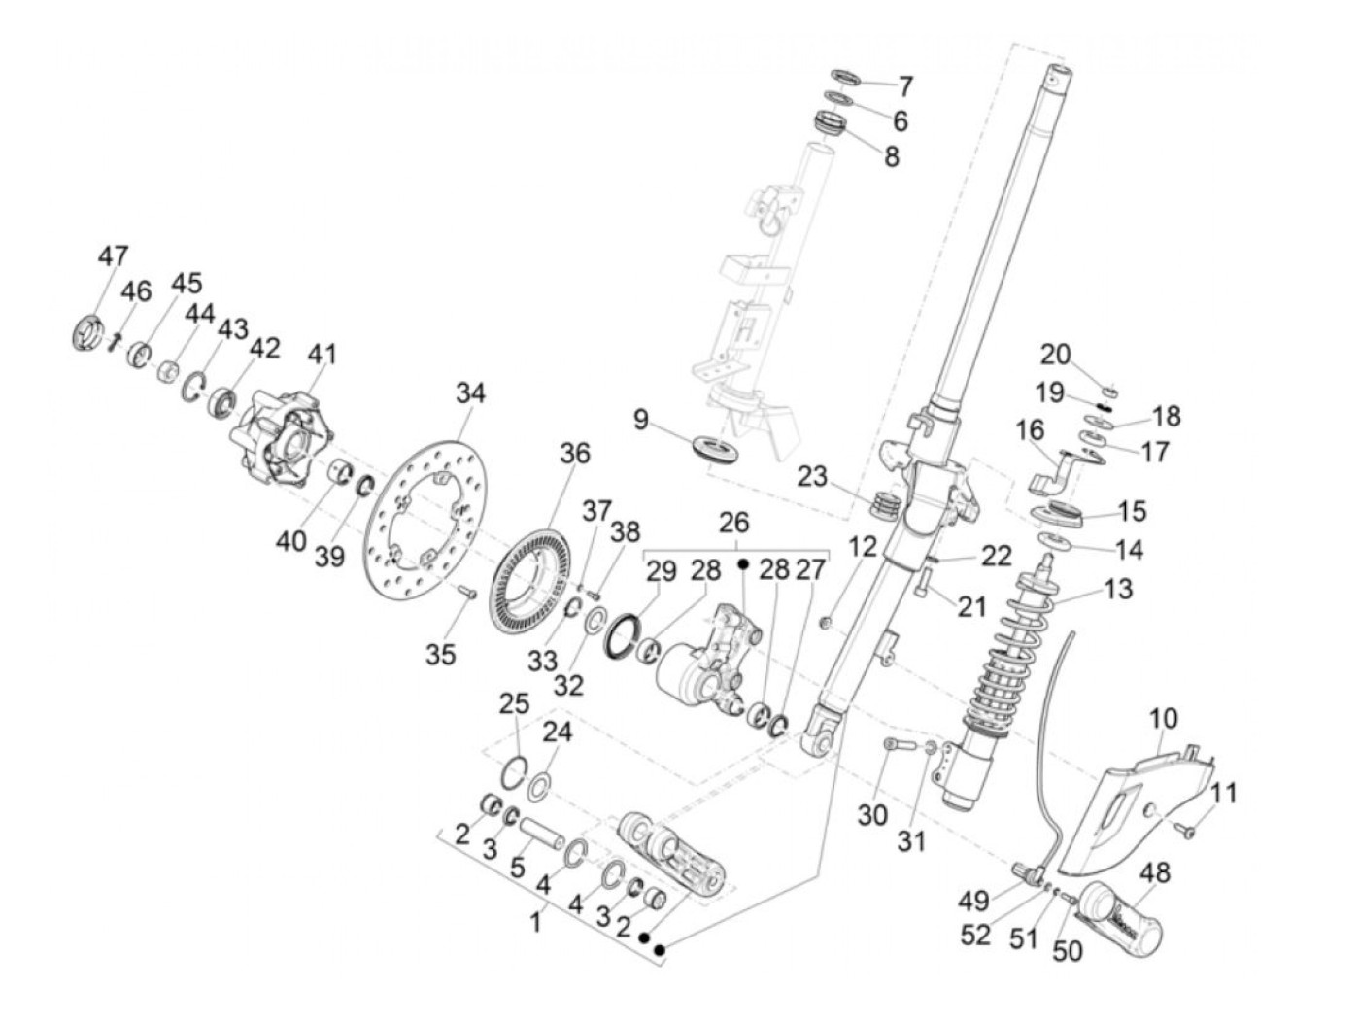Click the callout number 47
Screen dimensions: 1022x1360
pos(113,256)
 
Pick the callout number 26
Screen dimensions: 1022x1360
pos(734,524)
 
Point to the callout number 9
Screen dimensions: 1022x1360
pos(639,420)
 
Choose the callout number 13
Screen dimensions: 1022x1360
pos(1119,589)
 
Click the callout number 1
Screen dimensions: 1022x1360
pos(535,921)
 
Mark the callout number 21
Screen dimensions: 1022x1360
pos(971,607)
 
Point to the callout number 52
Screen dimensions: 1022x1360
pos(975,935)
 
